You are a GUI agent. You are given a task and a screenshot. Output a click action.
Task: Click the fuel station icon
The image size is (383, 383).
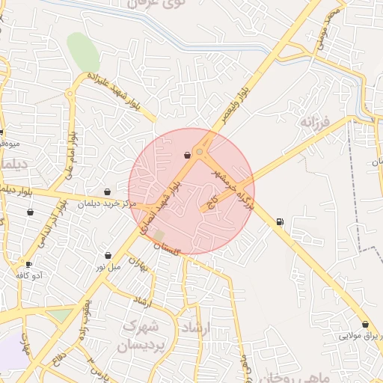pyautogui.click(x=280, y=221)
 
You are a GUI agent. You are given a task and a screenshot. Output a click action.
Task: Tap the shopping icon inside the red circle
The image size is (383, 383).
pyautogui.click(x=186, y=156)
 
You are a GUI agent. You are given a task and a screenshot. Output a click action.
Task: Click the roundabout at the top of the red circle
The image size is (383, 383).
pyautogui.click(x=199, y=153)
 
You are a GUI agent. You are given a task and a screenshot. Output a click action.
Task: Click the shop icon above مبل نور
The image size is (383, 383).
pyautogui.click(x=108, y=255)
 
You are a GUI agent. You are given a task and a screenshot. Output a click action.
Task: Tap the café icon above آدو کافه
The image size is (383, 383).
pyautogui.click(x=28, y=264)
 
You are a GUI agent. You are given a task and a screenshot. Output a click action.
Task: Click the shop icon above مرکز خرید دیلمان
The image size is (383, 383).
pyautogui.click(x=108, y=191)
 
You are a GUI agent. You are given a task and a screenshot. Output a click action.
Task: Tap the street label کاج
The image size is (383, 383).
pyautogui.click(x=212, y=201)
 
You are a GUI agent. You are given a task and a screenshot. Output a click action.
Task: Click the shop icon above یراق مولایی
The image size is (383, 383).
pyautogui.click(x=365, y=324)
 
